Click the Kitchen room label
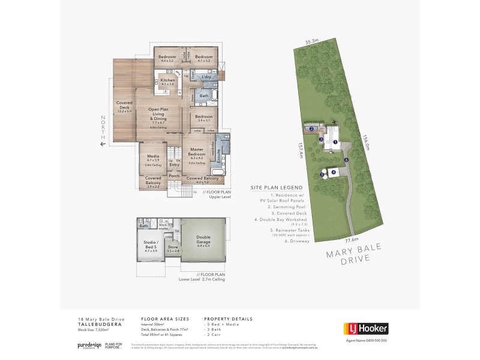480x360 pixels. [167, 82]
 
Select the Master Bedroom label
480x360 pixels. [198, 152]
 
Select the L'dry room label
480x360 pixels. [208, 78]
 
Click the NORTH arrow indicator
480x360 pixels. [103, 130]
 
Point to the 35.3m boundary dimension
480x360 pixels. [310, 42]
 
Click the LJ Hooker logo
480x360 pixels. [365, 328]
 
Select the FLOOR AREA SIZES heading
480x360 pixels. [164, 319]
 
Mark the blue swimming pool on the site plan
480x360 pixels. [312, 128]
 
